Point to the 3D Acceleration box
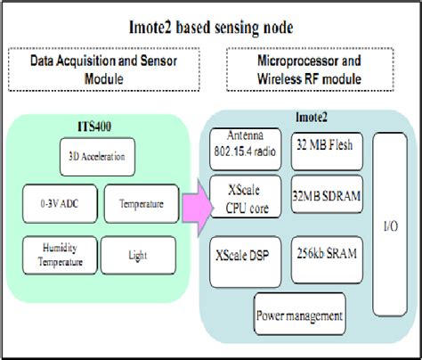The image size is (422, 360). pyautogui.click(x=102, y=157)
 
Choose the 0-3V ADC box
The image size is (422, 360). pyautogui.click(x=57, y=204)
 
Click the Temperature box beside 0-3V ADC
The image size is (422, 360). pyautogui.click(x=142, y=204)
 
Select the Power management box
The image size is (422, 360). pyautogui.click(x=298, y=315)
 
